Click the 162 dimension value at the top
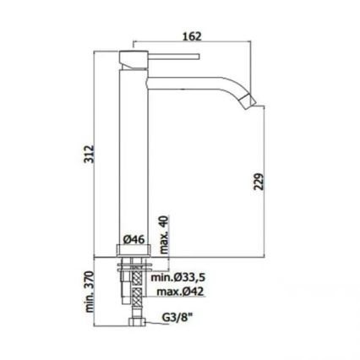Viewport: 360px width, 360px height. [x=192, y=36]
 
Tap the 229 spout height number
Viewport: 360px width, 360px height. [x=259, y=181]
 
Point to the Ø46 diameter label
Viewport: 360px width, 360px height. [x=134, y=238]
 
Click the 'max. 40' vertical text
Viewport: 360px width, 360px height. [x=165, y=230]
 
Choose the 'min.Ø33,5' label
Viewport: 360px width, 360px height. [x=178, y=277]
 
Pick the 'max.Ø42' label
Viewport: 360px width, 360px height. [x=180, y=292]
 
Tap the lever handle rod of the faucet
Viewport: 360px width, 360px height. [x=173, y=58]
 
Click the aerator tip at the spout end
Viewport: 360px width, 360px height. [x=250, y=101]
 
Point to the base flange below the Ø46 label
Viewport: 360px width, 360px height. [x=133, y=251]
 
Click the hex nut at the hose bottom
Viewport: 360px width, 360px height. [x=133, y=325]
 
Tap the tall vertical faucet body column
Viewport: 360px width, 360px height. [x=133, y=152]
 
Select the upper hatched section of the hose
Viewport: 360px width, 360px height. [x=133, y=275]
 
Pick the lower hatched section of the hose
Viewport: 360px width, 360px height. [x=133, y=297]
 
